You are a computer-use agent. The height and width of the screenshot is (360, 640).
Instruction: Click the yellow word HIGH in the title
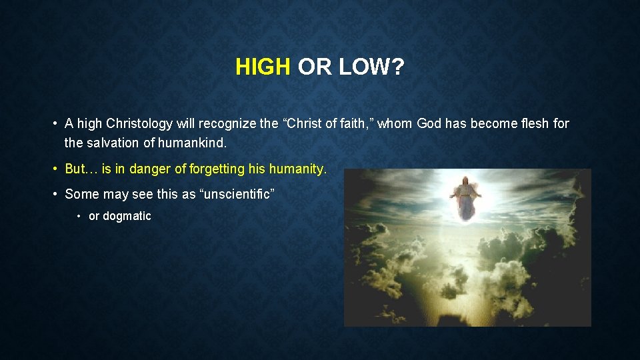pyautogui.click(x=263, y=67)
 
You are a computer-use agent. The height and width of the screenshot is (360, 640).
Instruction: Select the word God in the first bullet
pyautogui.click(x=429, y=123)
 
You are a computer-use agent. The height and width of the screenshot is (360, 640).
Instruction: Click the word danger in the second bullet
pyautogui.click(x=149, y=169)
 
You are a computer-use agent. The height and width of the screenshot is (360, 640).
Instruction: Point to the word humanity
pyautogui.click(x=297, y=169)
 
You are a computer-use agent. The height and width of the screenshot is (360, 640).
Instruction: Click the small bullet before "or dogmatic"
pyautogui.click(x=79, y=216)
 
